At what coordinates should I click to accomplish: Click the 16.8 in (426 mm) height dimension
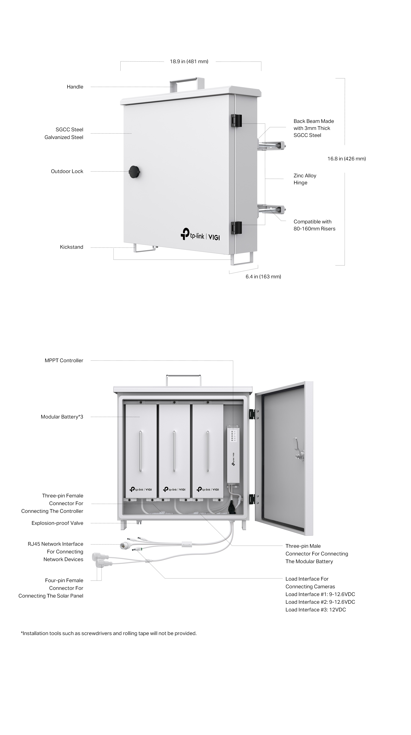(346, 159)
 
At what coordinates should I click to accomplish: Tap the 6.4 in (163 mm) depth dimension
(263, 276)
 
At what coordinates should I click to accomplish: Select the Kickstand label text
(71, 247)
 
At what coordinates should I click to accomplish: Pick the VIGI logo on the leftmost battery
(141, 489)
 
